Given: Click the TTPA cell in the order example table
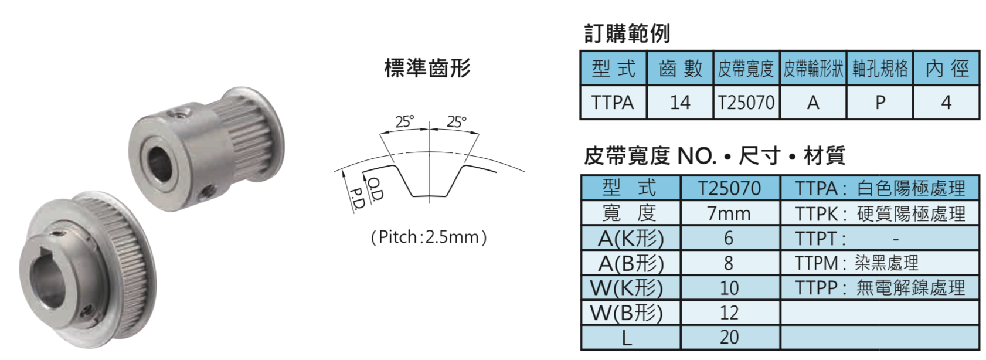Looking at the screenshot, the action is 613,103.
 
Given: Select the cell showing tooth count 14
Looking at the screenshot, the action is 679,103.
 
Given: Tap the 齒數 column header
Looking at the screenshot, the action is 679,68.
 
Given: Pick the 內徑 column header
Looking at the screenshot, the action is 947,68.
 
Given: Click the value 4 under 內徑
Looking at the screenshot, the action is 947,103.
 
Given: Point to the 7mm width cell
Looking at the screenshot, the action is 729,213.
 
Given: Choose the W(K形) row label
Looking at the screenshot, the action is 627,288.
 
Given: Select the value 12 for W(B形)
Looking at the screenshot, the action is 729,313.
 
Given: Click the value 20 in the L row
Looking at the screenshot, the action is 729,338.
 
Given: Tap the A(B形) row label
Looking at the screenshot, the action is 631,263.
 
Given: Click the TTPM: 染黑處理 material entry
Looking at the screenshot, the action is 856,263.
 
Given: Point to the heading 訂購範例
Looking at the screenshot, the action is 627,33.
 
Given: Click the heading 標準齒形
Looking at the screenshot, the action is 427,68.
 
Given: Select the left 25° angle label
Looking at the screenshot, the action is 404,121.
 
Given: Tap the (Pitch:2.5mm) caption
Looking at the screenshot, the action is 429,237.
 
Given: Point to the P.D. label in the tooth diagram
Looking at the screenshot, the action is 357,199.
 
